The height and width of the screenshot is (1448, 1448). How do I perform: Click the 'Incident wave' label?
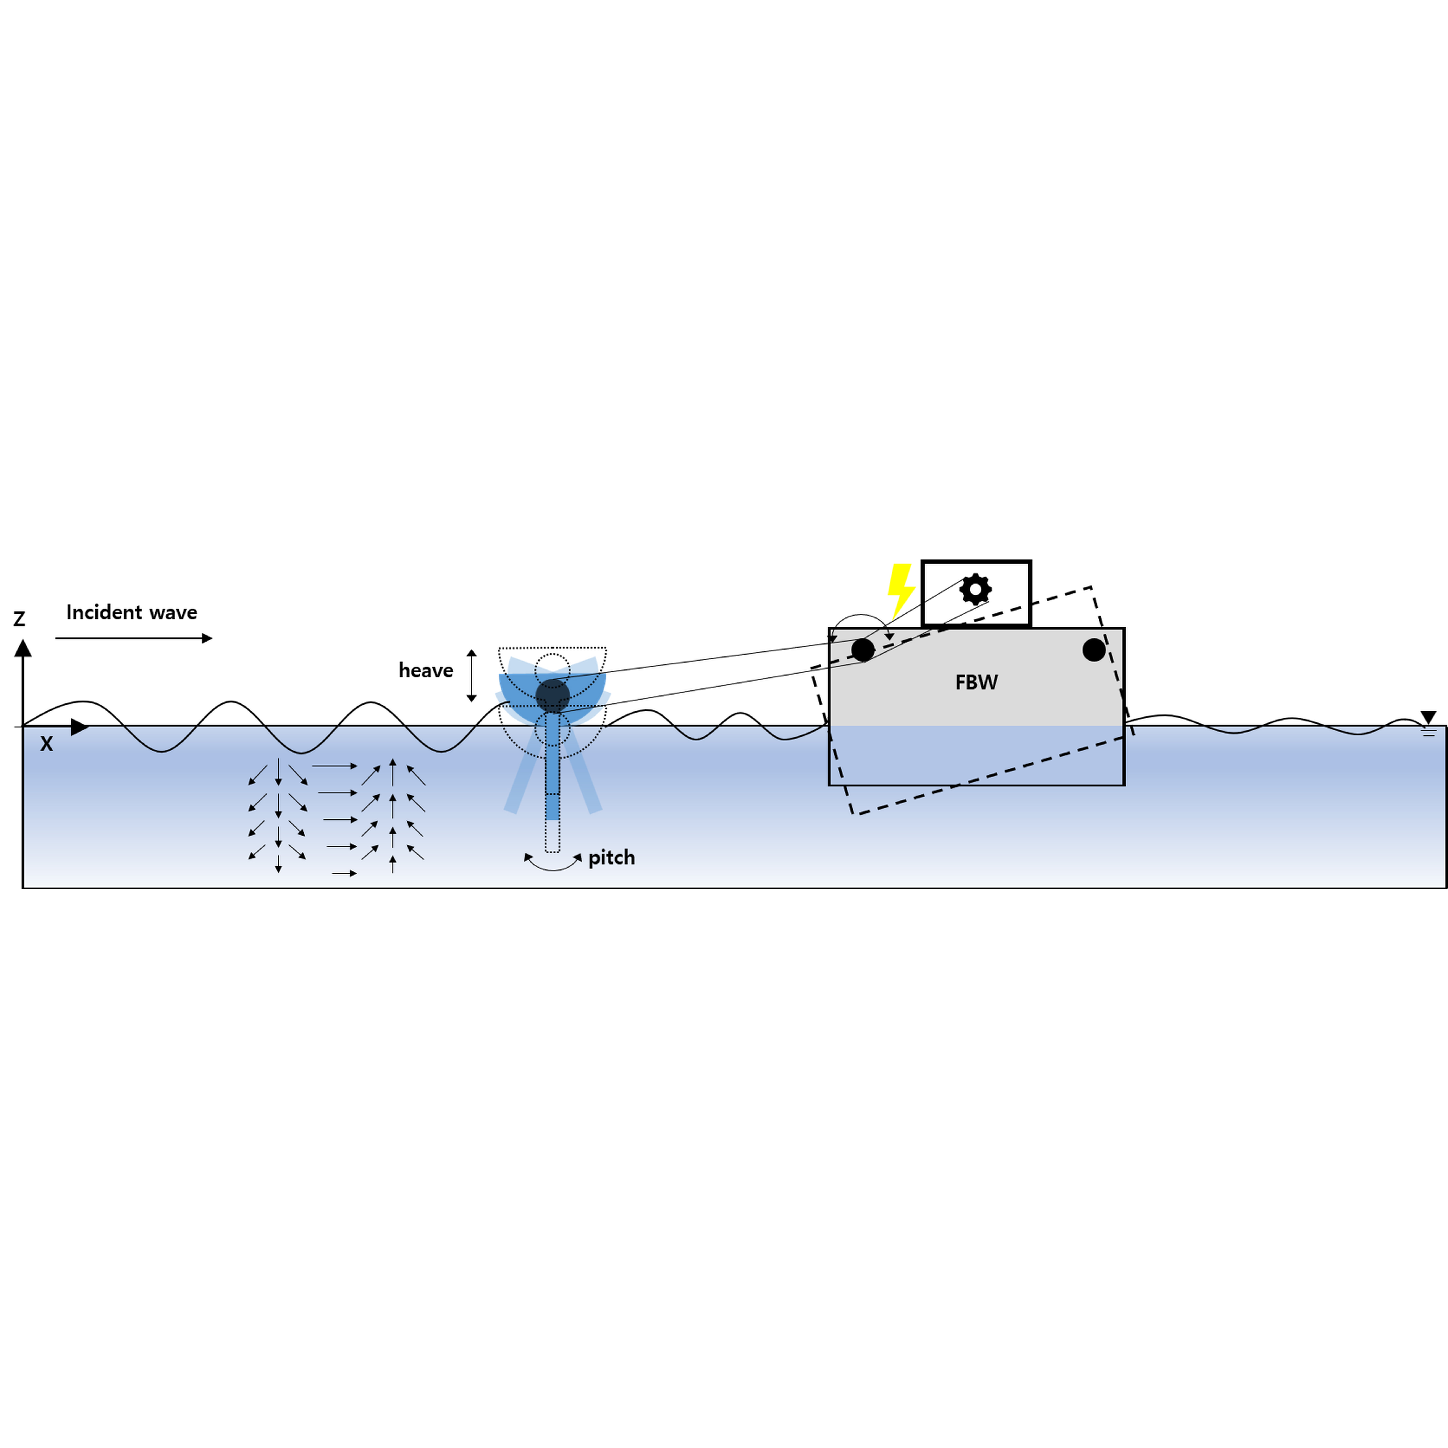coord(132,612)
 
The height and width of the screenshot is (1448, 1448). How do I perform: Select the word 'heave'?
coord(426,670)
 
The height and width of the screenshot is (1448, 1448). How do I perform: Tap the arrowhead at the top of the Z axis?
coord(23,648)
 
